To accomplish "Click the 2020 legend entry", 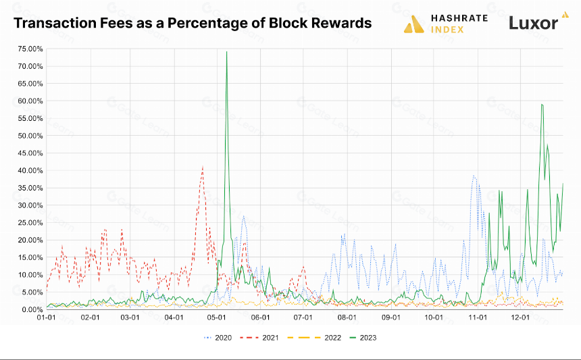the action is (x=218, y=338).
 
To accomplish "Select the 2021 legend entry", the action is (x=259, y=338).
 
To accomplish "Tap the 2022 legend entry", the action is (x=314, y=338).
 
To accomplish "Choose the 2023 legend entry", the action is (x=363, y=338).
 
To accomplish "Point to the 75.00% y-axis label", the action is (x=30, y=49).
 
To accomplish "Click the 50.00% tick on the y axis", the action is (x=30, y=136).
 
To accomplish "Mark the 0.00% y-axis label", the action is (x=32, y=309).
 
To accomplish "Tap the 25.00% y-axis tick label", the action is (x=30, y=223).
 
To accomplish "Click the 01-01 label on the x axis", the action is (x=47, y=317).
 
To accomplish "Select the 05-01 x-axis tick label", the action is (x=217, y=317).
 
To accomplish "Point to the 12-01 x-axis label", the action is (x=521, y=317).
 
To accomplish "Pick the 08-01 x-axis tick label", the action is (x=347, y=317).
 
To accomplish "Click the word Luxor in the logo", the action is (x=533, y=23).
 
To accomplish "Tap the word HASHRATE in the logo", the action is (x=459, y=18).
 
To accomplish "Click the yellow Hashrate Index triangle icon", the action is (x=414, y=24).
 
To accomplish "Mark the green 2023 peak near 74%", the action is (x=226, y=52).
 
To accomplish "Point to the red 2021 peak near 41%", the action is (x=203, y=166).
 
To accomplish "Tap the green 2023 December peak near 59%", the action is (x=542, y=105).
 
